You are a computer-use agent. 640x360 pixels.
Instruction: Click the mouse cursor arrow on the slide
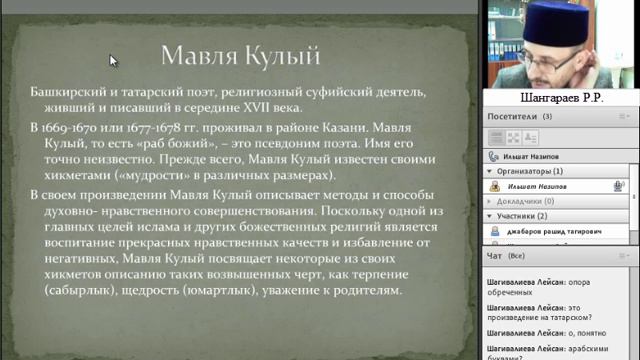113,61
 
